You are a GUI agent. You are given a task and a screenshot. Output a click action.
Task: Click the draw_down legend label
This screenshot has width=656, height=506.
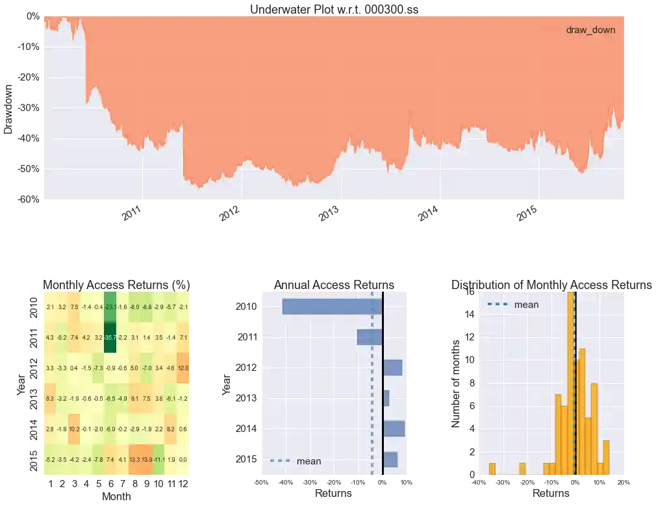590,30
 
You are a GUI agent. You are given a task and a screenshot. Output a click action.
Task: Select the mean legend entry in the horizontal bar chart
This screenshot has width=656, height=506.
309,461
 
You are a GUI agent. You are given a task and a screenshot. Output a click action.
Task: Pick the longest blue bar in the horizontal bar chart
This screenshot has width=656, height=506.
333,307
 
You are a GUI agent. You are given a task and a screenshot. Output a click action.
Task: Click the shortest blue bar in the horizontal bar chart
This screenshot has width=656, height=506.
386,398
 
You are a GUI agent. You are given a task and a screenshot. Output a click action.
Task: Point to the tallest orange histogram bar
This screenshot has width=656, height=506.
571,383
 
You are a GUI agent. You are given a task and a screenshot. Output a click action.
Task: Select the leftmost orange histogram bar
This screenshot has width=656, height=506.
492,468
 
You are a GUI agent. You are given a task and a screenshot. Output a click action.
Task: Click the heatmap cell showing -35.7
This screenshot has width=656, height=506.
110,338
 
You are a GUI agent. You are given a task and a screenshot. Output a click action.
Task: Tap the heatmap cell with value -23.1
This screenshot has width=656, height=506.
110,307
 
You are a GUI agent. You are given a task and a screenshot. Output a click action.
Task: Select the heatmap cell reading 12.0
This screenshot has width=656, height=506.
183,368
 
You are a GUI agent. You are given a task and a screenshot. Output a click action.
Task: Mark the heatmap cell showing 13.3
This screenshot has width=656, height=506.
134,460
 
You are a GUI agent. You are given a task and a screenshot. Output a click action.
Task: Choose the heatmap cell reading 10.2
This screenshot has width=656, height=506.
74,429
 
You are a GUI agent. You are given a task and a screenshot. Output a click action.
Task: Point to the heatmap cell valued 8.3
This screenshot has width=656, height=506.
50,399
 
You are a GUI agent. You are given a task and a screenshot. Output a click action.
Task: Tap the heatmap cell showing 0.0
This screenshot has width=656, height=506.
183,460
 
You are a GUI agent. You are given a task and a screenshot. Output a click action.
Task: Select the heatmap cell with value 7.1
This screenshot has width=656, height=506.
183,338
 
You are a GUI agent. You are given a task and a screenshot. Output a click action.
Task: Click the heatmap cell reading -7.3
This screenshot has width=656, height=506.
98,368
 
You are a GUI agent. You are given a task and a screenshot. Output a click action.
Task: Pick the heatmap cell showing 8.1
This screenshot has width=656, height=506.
134,399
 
